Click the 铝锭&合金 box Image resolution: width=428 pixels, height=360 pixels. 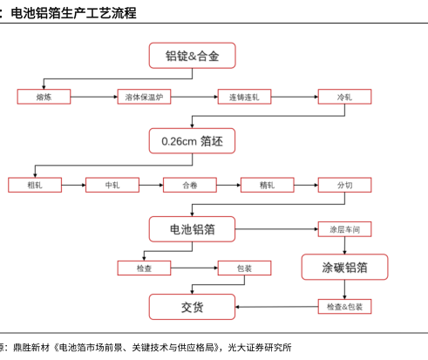point(192,56)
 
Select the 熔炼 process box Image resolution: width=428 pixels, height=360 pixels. point(44,97)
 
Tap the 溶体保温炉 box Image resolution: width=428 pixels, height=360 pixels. point(144,97)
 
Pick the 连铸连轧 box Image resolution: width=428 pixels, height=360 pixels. point(244,97)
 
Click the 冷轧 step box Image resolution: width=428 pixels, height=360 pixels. point(344,97)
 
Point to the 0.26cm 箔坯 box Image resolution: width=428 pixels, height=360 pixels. point(192,141)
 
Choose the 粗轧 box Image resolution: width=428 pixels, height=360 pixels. point(35,185)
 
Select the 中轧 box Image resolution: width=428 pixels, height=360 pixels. point(112,185)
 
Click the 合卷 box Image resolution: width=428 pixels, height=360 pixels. point(190,185)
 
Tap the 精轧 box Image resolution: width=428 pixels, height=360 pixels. point(268,185)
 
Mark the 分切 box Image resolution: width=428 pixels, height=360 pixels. point(344,185)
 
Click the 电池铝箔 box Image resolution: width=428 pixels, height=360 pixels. point(192,229)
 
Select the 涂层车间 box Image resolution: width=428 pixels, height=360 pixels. point(344,229)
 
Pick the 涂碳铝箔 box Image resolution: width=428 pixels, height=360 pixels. point(344,267)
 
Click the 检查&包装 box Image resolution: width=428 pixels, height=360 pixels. point(344,307)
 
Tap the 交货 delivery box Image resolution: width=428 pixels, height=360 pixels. point(192,307)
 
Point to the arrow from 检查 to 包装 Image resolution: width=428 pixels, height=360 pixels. point(194,268)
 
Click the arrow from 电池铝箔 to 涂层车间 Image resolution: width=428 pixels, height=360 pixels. point(276,229)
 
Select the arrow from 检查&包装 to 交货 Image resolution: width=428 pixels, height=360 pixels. point(276,307)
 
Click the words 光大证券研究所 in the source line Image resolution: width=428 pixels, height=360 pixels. point(260,348)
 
